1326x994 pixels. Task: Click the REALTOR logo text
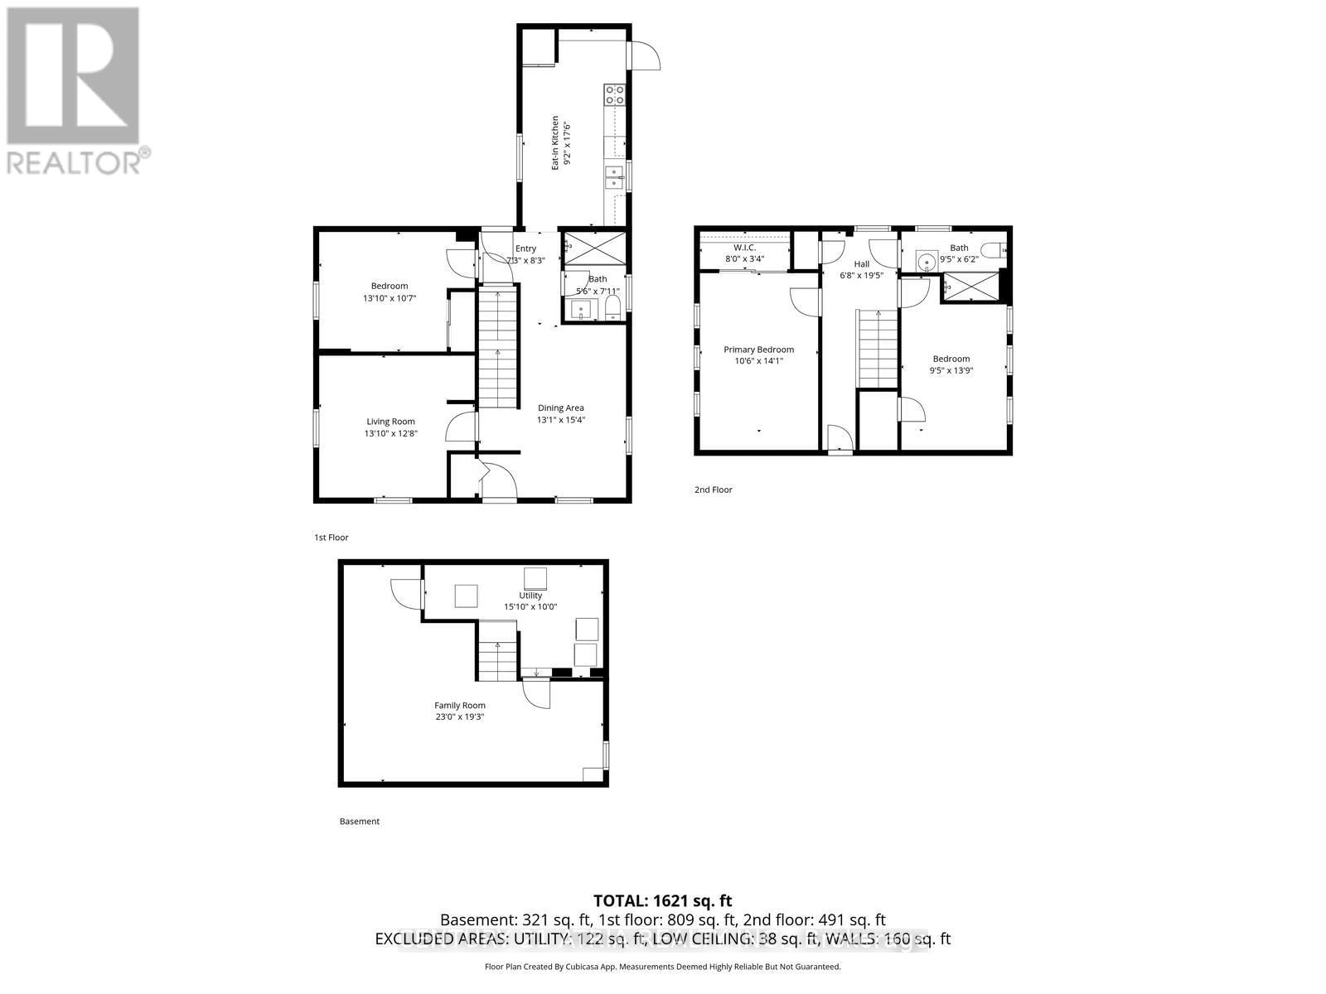point(79,162)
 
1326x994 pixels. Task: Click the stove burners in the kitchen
point(614,94)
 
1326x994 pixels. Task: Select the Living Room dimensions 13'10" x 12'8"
point(390,433)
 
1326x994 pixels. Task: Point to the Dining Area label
point(560,408)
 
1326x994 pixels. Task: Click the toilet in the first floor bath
point(613,310)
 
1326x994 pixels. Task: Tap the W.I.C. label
point(744,248)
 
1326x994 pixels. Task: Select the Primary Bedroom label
point(758,350)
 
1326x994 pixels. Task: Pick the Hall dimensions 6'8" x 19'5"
point(861,276)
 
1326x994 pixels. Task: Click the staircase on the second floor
point(878,348)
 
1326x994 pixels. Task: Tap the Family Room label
point(460,706)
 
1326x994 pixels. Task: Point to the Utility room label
point(530,596)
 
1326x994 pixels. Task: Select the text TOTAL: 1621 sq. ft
point(662,900)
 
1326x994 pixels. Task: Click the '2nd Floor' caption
point(713,490)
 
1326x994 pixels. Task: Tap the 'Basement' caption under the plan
point(360,822)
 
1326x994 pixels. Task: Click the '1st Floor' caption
point(331,538)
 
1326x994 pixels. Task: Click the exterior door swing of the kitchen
point(646,56)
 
